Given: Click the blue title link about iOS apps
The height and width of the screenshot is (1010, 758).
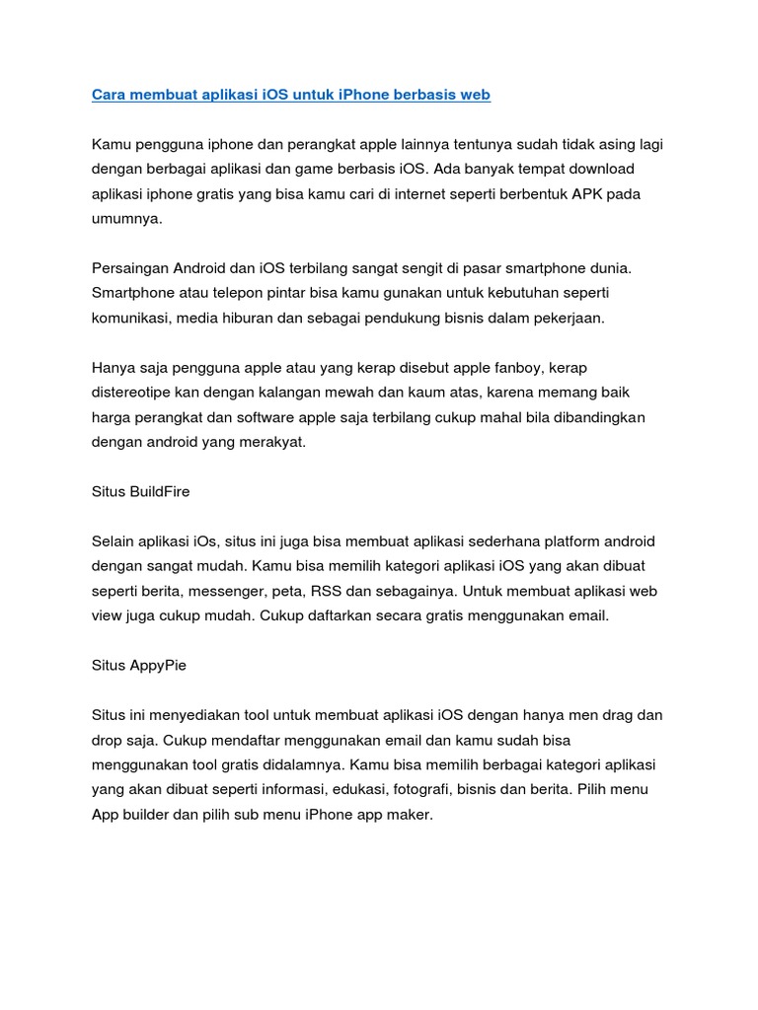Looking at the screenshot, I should pyautogui.click(x=291, y=95).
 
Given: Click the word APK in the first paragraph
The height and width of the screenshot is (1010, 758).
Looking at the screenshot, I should pyautogui.click(x=574, y=194).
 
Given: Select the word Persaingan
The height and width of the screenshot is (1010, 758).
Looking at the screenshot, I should pyautogui.click(x=129, y=268).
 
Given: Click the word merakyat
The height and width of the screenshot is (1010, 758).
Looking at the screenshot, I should pyautogui.click(x=273, y=442).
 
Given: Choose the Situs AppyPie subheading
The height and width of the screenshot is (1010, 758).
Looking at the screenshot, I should pyautogui.click(x=139, y=666).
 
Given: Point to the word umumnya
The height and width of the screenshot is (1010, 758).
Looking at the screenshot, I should pyautogui.click(x=124, y=219).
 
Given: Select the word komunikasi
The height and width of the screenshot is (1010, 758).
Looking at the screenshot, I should pyautogui.click(x=135, y=318).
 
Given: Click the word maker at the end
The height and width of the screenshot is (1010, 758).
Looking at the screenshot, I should pyautogui.click(x=411, y=816).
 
